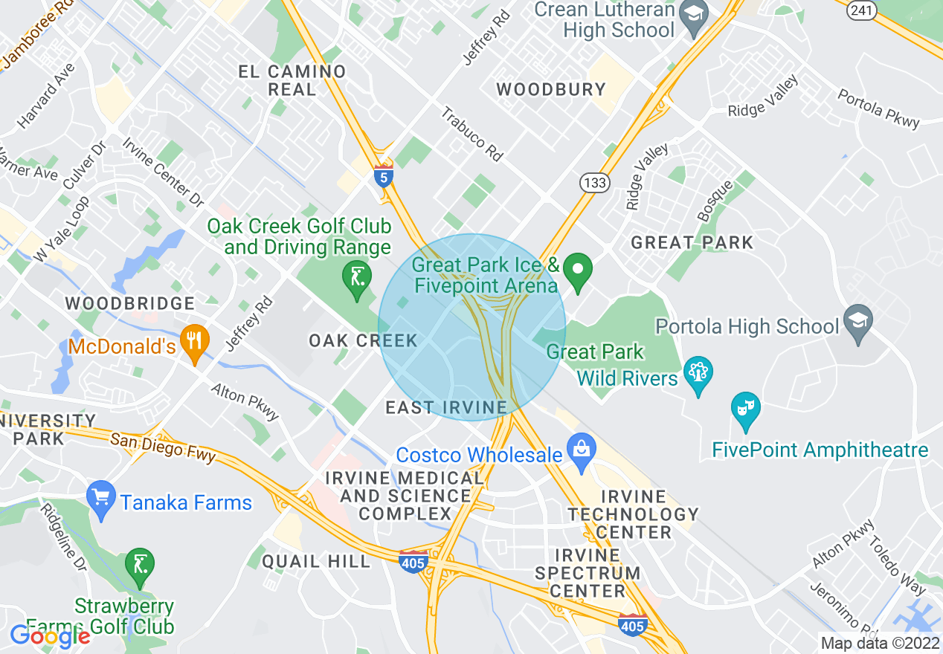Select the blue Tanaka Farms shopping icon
point(101,496)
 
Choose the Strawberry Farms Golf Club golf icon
point(140,564)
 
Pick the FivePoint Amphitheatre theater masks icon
point(745,408)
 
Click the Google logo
point(50,636)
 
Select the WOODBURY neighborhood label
point(551,90)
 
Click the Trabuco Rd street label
point(471,134)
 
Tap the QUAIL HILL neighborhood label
point(316,561)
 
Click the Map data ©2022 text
point(880,643)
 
